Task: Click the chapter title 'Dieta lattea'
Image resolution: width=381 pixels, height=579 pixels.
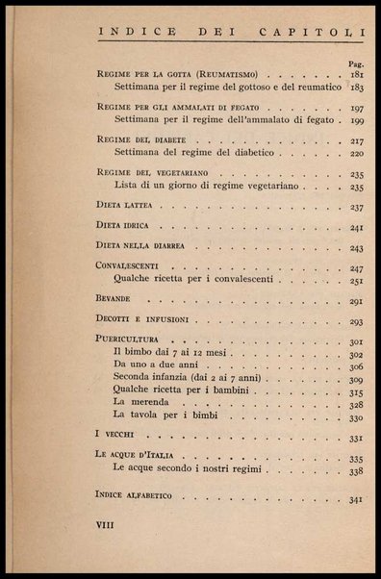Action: [x=128, y=207]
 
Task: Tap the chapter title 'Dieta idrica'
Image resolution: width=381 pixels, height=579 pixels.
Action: [x=127, y=228]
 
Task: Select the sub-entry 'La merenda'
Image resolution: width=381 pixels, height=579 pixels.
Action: [x=140, y=405]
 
